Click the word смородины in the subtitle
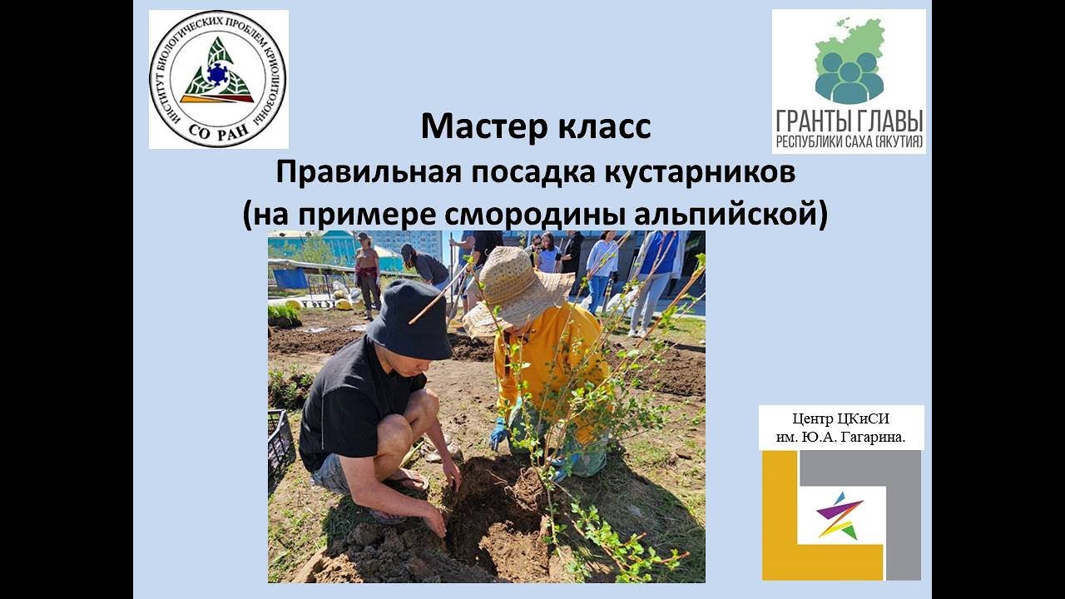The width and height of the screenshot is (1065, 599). tap(533, 214)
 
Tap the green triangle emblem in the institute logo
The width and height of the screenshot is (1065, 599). tap(217, 73)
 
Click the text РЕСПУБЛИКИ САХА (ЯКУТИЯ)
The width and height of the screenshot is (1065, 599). tap(849, 142)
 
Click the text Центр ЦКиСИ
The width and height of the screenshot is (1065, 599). tap(841, 419)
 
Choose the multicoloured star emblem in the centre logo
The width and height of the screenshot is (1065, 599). tap(840, 516)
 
